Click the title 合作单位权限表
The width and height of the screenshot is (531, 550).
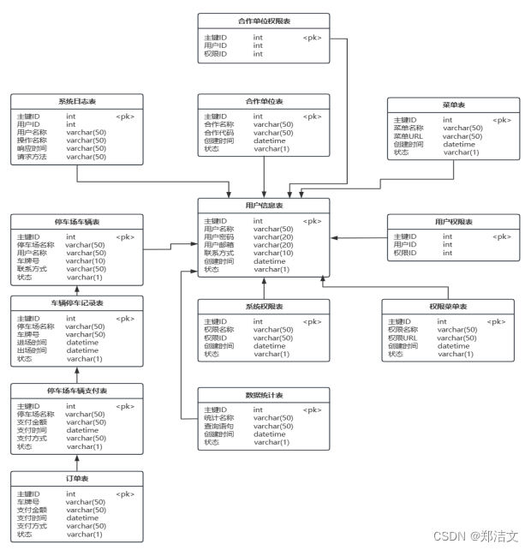coord(263,21)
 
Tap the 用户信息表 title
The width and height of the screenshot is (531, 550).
coord(264,206)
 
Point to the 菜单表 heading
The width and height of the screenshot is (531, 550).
coord(453,105)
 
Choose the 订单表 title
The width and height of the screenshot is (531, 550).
coord(77,478)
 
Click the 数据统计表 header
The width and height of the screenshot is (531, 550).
coord(264,395)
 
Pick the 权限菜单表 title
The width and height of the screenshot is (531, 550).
coord(448,306)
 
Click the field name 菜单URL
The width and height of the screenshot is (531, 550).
coord(409,136)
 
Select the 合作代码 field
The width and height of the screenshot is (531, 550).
coord(218,133)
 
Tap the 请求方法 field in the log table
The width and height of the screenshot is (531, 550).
coord(32,157)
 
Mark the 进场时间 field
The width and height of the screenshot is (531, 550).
coord(32,343)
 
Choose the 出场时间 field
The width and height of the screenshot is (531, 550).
coord(32,350)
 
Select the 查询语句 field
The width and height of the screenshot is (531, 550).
coord(218,427)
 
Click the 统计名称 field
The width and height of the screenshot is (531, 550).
coord(218,418)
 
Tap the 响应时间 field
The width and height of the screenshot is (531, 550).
coord(32,148)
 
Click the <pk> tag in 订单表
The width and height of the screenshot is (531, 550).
coord(125,494)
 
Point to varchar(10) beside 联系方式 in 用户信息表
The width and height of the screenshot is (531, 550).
coord(273,254)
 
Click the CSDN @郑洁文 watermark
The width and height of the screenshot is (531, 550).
coord(476,536)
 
